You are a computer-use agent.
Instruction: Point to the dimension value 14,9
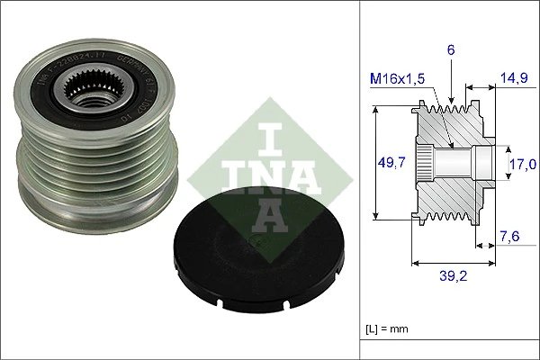tap(515, 77)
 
